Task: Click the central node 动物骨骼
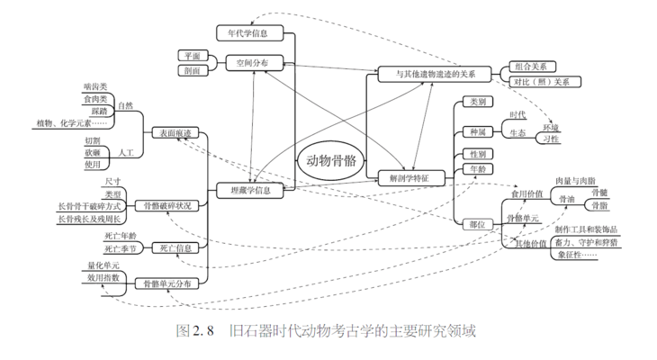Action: [330, 162]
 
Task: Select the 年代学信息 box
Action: [250, 33]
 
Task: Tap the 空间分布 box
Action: [253, 63]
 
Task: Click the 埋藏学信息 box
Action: [251, 190]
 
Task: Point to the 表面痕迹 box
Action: [175, 133]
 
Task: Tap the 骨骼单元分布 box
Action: [167, 284]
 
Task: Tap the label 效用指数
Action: [104, 279]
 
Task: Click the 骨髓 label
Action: [598, 192]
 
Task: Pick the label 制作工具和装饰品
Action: [586, 229]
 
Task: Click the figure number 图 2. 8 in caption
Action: [193, 330]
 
